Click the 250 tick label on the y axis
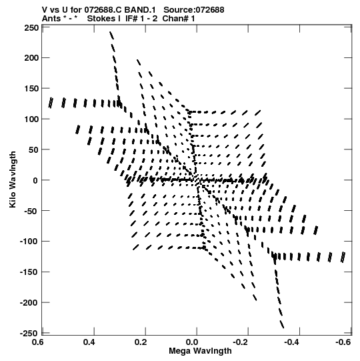point(32,28)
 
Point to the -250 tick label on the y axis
point(29,333)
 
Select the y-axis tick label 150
point(32,88)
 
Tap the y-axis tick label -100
point(29,242)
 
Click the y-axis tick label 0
point(35,180)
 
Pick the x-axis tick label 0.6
point(38,342)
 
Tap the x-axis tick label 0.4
point(89,342)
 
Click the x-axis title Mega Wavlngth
point(200,351)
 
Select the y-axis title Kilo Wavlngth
point(13,179)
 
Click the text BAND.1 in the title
point(140,10)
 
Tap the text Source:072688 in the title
point(194,10)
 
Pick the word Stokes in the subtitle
point(103,19)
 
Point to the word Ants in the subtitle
point(51,19)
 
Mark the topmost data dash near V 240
point(111,35)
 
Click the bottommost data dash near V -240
point(282,324)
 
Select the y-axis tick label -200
point(29,302)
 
